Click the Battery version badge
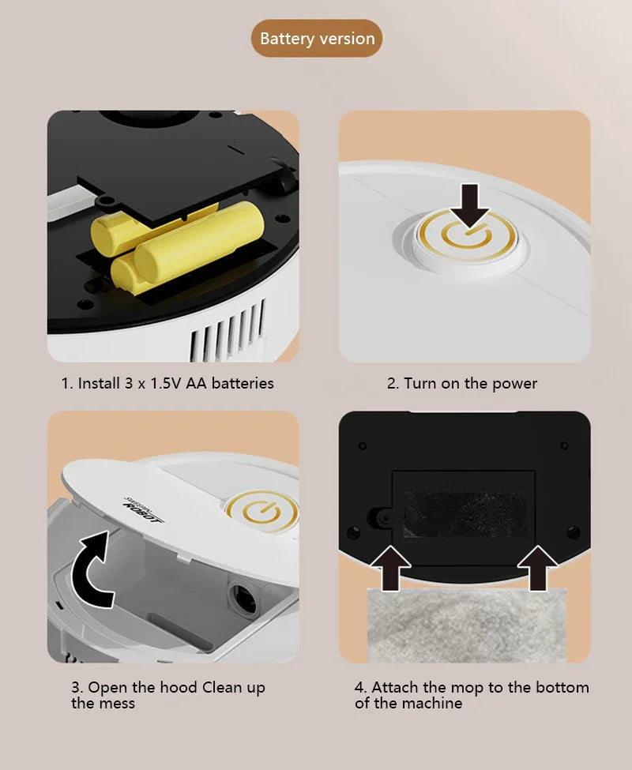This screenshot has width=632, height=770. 317,39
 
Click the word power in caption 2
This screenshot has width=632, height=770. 514,384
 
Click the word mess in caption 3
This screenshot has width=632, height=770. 117,703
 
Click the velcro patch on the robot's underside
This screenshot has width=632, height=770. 465,514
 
